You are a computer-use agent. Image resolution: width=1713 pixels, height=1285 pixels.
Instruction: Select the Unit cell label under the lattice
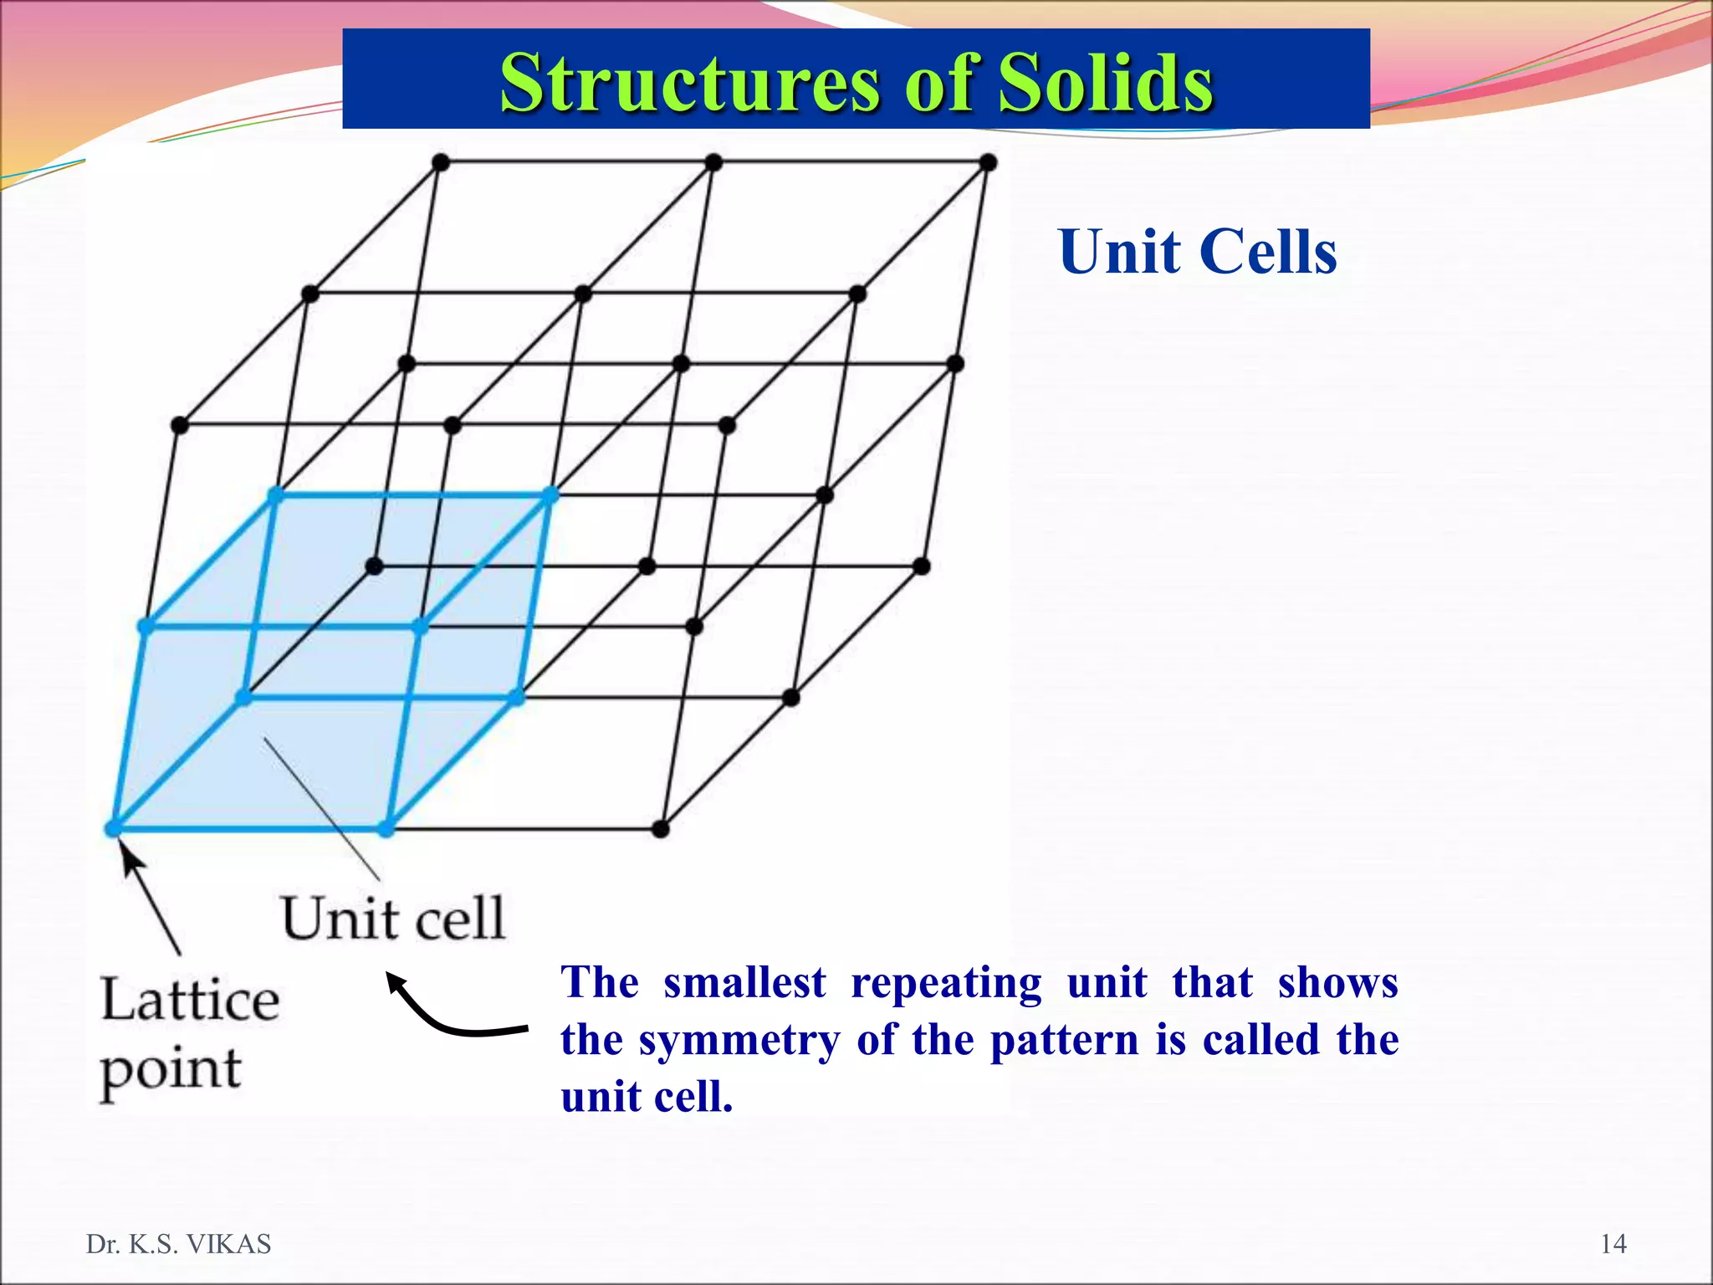[392, 918]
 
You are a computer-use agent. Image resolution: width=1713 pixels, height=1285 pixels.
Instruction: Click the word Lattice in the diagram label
[190, 999]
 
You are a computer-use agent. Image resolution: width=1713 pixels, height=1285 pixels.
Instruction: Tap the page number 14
[1613, 1244]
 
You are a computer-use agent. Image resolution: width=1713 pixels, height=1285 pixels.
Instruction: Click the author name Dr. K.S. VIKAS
[178, 1244]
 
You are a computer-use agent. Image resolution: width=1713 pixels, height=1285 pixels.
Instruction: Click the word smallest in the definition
[744, 982]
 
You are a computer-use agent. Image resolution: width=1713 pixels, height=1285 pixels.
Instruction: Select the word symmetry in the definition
[739, 1041]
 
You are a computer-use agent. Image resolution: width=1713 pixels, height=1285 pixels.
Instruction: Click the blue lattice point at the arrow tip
[113, 828]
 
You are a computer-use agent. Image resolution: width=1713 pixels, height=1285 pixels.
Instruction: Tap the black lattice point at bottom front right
[660, 828]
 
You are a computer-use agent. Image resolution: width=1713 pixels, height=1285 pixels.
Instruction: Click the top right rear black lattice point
[988, 162]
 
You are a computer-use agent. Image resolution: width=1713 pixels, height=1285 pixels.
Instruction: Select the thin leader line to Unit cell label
[322, 807]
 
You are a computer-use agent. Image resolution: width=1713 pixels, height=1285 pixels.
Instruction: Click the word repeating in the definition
[946, 982]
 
